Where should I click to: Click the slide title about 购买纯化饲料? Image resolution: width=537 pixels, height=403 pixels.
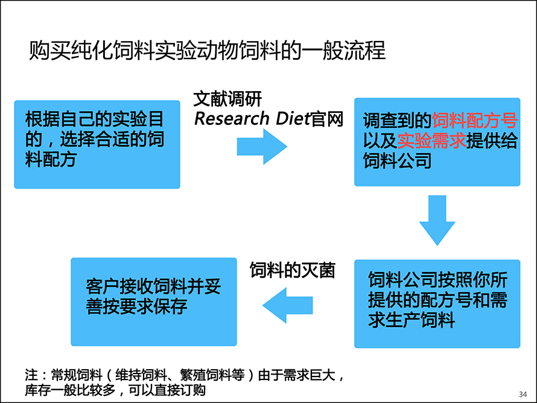click(207, 50)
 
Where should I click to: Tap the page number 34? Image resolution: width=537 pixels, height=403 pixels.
click(523, 394)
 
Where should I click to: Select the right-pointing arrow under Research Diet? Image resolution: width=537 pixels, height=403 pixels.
click(262, 147)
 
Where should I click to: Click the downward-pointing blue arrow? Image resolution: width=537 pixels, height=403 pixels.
click(437, 220)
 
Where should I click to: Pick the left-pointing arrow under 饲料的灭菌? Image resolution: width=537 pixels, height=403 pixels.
click(287, 305)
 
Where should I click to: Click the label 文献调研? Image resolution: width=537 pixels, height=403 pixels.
click(227, 99)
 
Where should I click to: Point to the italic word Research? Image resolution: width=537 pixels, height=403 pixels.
click(232, 119)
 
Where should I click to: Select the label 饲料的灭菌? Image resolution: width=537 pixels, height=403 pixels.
click(292, 270)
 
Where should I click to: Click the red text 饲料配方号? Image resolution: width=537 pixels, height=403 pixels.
click(475, 121)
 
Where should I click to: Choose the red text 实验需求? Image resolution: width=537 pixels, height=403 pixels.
click(431, 141)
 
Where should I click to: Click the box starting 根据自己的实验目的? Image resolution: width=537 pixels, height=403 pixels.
click(97, 145)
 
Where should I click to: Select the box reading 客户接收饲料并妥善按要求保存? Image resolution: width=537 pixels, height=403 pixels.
click(154, 302)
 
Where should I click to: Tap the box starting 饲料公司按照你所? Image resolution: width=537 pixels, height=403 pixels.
click(437, 304)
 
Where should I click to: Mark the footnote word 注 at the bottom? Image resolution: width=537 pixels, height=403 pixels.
click(31, 375)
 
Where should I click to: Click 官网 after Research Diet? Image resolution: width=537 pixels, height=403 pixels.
click(326, 119)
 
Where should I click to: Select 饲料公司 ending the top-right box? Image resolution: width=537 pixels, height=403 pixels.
click(397, 160)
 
